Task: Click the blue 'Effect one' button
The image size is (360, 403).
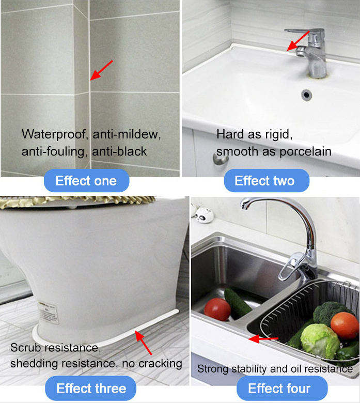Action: [86, 180]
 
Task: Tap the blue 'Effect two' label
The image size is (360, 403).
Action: [267, 180]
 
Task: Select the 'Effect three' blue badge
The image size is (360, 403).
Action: [90, 388]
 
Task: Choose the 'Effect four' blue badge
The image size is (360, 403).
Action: [282, 388]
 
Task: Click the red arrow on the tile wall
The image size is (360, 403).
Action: [101, 70]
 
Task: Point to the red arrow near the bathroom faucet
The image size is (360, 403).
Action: [298, 41]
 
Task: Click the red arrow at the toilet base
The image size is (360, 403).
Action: [144, 343]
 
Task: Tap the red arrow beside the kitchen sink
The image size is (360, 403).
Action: [263, 339]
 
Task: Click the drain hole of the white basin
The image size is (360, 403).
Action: [306, 95]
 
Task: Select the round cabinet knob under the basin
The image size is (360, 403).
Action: [221, 159]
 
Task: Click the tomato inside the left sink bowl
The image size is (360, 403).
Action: [217, 309]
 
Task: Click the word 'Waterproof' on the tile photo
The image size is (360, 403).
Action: [54, 134]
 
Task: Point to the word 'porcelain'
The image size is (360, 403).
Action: [305, 152]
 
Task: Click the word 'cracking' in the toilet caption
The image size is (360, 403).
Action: [160, 364]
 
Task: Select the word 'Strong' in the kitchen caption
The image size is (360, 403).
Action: [213, 369]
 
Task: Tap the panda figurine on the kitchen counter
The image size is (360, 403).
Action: [203, 215]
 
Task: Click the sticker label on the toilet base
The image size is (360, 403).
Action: [49, 312]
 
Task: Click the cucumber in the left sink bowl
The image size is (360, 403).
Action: [237, 302]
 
